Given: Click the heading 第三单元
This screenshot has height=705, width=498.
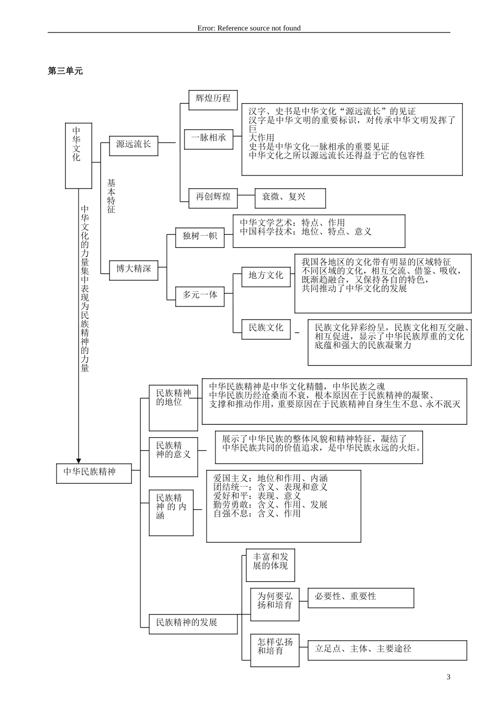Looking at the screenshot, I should pyautogui.click(x=65, y=71).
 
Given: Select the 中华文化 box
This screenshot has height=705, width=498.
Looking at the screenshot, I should pyautogui.click(x=78, y=156).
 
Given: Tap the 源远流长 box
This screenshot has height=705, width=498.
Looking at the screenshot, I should pyautogui.click(x=133, y=145).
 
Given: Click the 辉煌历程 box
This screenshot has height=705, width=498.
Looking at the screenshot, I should pyautogui.click(x=213, y=98).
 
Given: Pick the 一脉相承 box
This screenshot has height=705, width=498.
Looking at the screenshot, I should pyautogui.click(x=209, y=138).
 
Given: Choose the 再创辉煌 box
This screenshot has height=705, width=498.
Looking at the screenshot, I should pyautogui.click(x=213, y=197).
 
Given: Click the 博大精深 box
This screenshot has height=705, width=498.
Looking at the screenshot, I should pyautogui.click(x=133, y=269).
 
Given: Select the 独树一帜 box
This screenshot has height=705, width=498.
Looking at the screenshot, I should pyautogui.click(x=200, y=236).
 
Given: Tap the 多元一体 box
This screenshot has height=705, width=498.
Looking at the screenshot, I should pyautogui.click(x=200, y=295).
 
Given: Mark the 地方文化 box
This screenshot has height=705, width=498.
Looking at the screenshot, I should pyautogui.click(x=266, y=276).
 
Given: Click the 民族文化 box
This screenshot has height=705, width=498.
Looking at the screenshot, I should pyautogui.click(x=266, y=328).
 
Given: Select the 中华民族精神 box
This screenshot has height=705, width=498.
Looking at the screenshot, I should pyautogui.click(x=94, y=472).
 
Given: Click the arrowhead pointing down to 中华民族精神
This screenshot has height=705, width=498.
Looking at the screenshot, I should pyautogui.click(x=79, y=460).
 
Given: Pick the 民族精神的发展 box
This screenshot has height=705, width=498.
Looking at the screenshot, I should pyautogui.click(x=193, y=623).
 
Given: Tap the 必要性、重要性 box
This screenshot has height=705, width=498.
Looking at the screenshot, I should pyautogui.click(x=361, y=598).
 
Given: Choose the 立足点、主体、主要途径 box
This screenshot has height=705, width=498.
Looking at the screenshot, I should pyautogui.click(x=387, y=649).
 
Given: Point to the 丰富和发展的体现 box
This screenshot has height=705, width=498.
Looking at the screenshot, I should pyautogui.click(x=270, y=565).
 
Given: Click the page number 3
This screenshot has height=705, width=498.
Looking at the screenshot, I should pyautogui.click(x=448, y=677).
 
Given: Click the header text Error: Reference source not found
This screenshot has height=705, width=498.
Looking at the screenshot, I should pyautogui.click(x=249, y=28).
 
